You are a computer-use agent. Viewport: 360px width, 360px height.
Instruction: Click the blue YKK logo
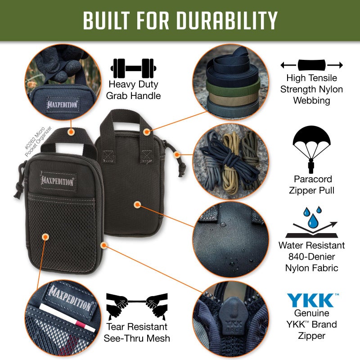(311, 300)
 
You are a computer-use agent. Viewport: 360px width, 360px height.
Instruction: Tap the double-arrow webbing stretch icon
(311, 65)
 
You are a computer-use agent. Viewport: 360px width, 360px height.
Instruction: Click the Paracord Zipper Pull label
(311, 185)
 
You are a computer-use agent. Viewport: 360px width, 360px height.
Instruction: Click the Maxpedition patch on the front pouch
(58, 179)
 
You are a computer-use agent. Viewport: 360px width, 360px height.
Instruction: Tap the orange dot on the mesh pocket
(45, 237)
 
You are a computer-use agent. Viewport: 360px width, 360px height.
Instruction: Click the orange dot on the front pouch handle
(71, 132)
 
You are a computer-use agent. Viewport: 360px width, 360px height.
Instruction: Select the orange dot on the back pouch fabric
(137, 205)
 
